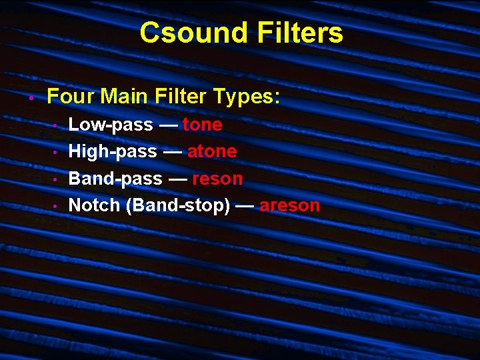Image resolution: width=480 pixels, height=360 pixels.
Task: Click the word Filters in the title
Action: pos(299,33)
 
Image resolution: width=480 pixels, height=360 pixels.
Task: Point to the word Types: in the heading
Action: pos(247,97)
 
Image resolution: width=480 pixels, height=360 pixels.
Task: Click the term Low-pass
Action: pos(111,125)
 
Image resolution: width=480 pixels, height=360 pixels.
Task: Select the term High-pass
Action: pos(113,152)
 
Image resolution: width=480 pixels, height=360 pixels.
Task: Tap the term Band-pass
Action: pos(115,179)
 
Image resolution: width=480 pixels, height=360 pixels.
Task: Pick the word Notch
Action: pos(95,205)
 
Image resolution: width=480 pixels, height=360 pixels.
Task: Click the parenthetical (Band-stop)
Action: pos(178,205)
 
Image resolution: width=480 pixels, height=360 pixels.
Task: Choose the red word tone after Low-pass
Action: pos(202,125)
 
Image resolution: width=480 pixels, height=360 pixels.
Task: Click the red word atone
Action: pos(212,152)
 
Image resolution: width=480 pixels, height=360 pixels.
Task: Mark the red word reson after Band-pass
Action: pos(217,179)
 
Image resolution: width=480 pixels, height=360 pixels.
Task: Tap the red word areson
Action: pos(290,205)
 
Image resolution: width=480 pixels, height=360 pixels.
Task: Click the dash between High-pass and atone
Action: pos(172,152)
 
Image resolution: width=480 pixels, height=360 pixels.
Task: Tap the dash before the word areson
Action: pos(244,205)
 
